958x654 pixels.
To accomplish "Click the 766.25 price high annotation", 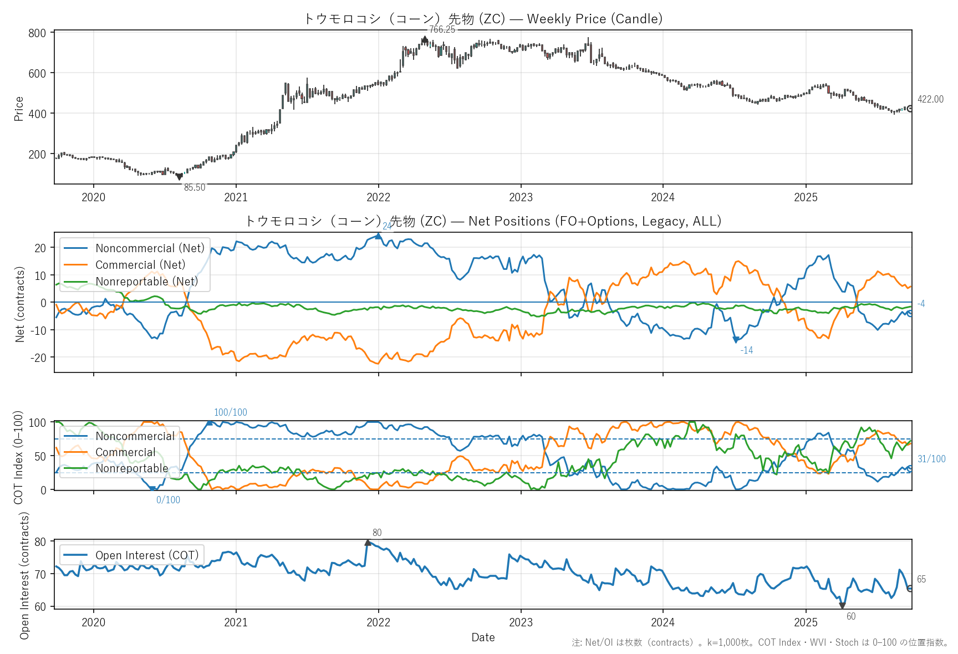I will point(442,29).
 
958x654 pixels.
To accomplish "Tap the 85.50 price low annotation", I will point(195,187).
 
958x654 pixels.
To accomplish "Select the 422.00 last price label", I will point(930,99).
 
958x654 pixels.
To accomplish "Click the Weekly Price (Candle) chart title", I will point(483,19).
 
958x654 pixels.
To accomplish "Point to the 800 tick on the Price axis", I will point(37,33).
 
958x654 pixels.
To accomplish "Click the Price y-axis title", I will point(19,109).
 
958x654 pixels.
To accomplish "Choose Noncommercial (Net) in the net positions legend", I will point(150,248).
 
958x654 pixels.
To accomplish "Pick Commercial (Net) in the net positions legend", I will point(140,265).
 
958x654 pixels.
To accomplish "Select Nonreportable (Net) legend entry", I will point(146,282).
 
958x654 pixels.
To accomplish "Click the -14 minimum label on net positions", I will point(746,350).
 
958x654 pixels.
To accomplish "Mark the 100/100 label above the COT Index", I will point(231,412).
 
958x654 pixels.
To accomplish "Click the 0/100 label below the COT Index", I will point(168,500).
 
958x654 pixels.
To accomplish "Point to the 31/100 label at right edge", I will point(931,459).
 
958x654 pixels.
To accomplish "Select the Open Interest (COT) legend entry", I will point(147,555).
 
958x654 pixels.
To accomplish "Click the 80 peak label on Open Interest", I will point(377,533).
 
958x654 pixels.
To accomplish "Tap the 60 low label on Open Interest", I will point(851,616).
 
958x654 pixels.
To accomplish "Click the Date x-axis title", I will point(483,637).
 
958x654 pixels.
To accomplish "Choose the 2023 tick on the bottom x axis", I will point(521,622).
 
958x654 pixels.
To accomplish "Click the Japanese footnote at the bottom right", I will point(760,642).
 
